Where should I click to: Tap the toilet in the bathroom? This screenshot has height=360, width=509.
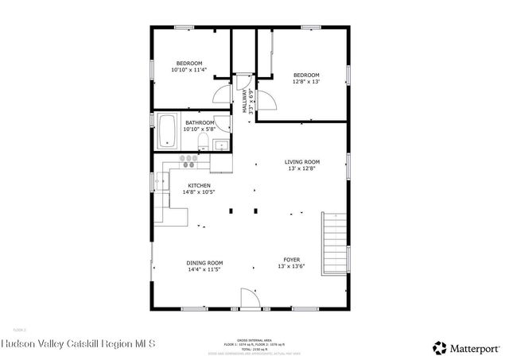tap(202, 142)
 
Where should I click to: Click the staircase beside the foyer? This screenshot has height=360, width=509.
tap(334, 242)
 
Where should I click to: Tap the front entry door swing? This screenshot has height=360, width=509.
tap(251, 298)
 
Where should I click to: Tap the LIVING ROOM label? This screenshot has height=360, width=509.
tap(302, 162)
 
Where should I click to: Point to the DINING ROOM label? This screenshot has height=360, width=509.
tap(204, 263)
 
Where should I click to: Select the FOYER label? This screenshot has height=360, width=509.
tap(292, 260)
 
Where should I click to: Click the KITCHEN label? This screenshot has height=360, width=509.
tap(199, 185)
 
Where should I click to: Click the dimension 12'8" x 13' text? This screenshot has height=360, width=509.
tap(307, 82)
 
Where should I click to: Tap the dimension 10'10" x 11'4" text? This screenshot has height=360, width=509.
tap(188, 70)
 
